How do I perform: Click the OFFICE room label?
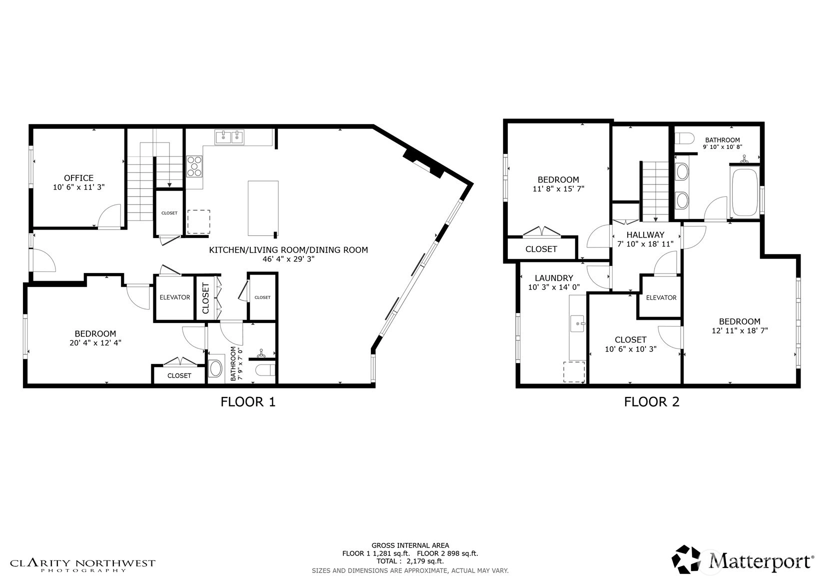(x=78, y=178)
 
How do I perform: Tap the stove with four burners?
(x=194, y=166)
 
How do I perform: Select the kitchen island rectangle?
(x=263, y=207)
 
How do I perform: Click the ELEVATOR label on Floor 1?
(x=175, y=297)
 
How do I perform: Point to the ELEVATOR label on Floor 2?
(x=661, y=297)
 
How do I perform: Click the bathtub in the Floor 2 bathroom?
(x=745, y=192)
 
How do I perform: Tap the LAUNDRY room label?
(x=554, y=278)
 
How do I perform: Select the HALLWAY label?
(x=645, y=234)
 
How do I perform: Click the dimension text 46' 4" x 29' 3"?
(x=288, y=259)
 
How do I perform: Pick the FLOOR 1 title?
(x=248, y=402)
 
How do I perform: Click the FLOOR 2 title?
(x=652, y=402)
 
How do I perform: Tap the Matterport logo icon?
(x=686, y=559)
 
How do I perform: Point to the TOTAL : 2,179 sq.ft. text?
(x=410, y=561)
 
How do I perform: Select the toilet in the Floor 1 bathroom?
(x=265, y=370)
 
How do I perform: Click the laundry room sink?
(x=577, y=323)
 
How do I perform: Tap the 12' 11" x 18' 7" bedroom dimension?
(x=740, y=330)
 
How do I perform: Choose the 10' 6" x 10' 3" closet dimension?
(x=631, y=349)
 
